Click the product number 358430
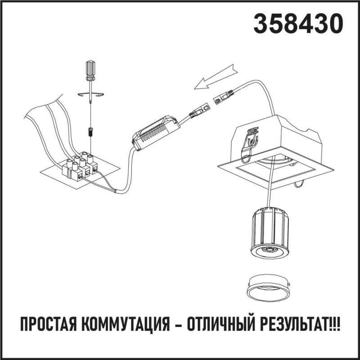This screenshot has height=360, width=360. [295, 23]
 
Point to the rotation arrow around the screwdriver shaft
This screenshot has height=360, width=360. [90, 94]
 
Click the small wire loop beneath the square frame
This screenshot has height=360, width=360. [299, 184]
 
